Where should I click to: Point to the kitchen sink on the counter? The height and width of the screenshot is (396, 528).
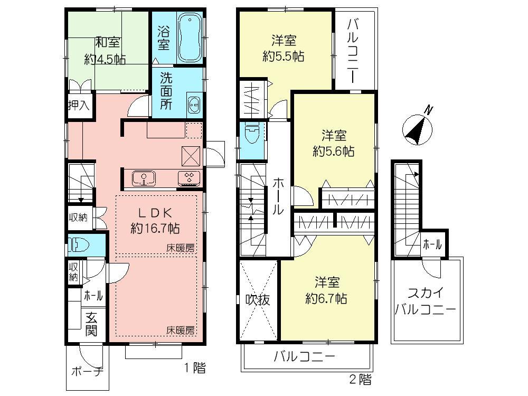click(x=144, y=178)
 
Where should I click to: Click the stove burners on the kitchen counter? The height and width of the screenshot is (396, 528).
click(x=189, y=178)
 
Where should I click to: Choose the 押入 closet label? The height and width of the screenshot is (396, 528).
click(x=78, y=105)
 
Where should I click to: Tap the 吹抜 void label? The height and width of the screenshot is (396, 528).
click(x=258, y=299)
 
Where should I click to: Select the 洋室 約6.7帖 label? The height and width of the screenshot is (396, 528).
click(x=326, y=290)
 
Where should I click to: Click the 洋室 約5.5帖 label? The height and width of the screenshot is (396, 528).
click(x=284, y=49)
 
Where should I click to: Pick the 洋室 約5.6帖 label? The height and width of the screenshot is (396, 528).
click(x=333, y=143)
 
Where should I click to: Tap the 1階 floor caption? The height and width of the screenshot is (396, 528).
click(x=195, y=368)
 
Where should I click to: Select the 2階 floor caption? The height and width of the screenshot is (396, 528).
click(x=360, y=379)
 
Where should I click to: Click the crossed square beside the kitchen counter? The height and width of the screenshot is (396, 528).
click(x=191, y=155)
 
